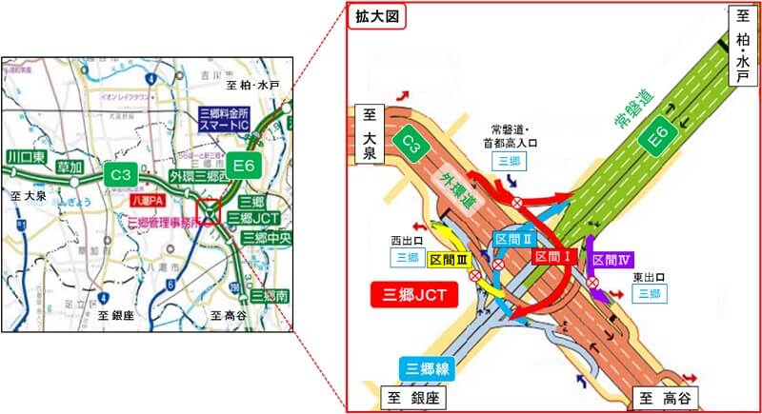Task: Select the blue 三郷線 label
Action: tap(425, 369)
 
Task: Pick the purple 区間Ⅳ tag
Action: tap(612, 259)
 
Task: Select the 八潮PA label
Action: tap(148, 202)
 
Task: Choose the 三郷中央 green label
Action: tap(264, 237)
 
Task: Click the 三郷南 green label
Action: tap(268, 295)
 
